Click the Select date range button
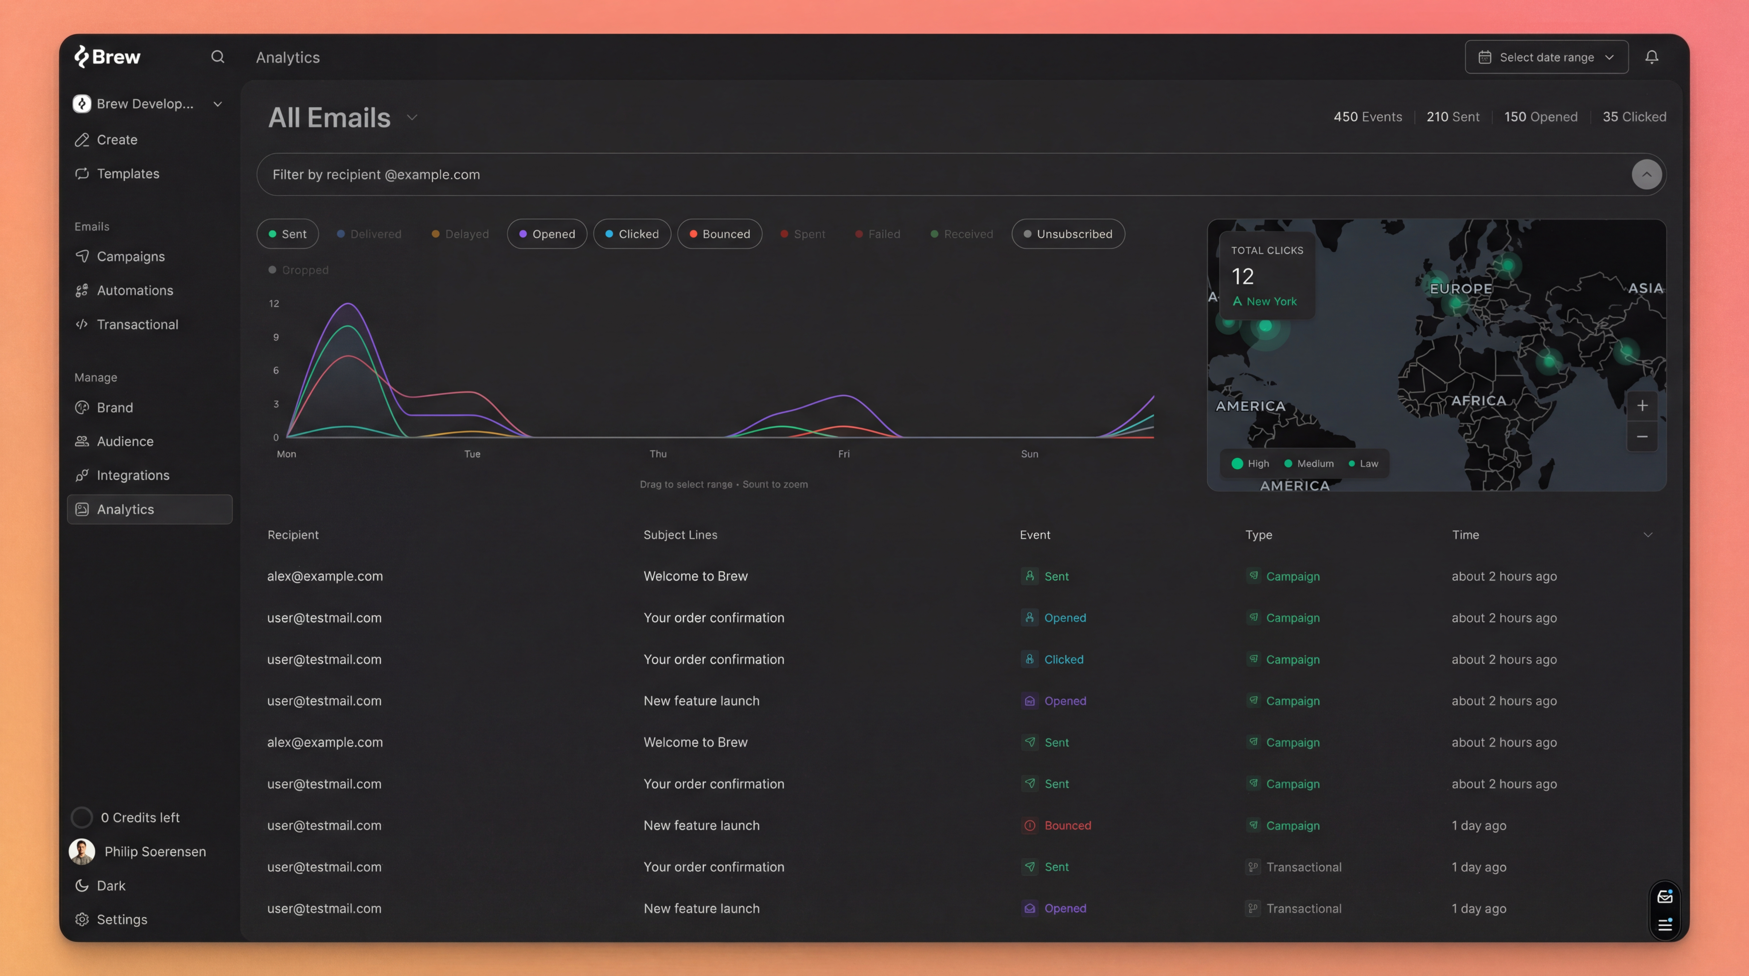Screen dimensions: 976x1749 tap(1546, 57)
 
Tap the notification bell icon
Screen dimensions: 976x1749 tap(1651, 57)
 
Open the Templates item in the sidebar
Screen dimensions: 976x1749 tap(128, 174)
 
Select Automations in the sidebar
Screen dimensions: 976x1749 tap(135, 290)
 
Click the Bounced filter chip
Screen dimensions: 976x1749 tap(719, 234)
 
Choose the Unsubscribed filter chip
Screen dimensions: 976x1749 tap(1068, 234)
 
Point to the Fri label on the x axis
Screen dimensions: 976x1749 tap(843, 454)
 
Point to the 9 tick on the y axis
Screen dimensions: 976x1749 tap(276, 337)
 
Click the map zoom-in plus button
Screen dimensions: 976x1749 tap(1642, 406)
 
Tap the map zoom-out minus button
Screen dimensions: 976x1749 tap(1642, 436)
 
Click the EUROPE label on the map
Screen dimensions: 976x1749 tap(1460, 289)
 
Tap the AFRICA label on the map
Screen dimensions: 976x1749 tap(1478, 400)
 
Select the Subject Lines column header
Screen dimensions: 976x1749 tap(680, 535)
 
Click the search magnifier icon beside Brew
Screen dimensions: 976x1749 tap(217, 57)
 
